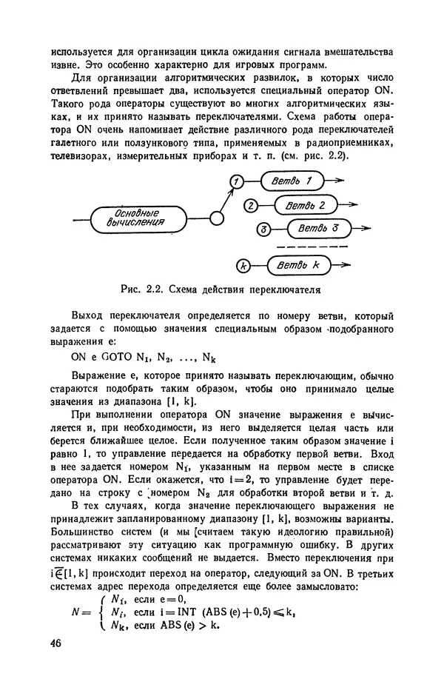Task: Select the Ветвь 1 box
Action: [x=292, y=180]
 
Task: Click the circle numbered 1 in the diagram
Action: [x=235, y=181]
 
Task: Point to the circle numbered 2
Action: [x=251, y=205]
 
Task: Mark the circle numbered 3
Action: [x=263, y=230]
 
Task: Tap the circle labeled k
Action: [x=242, y=265]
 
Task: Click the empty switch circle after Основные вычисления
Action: [x=217, y=218]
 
